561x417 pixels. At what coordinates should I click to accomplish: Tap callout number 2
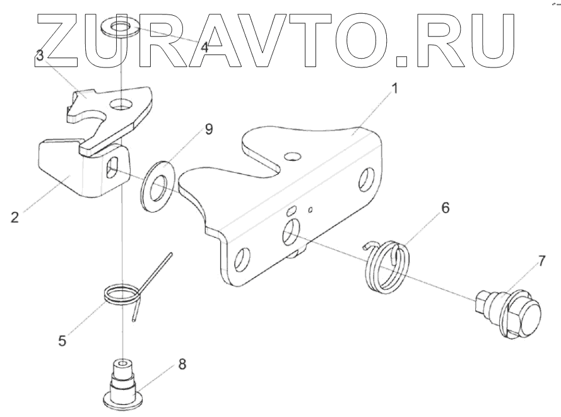pos(15,218)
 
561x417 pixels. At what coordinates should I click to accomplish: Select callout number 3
pos(39,56)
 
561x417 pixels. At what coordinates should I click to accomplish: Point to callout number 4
pos(204,47)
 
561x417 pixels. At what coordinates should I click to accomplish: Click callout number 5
pos(62,341)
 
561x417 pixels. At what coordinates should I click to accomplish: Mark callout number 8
pos(182,364)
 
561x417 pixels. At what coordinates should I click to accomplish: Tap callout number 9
pos(208,129)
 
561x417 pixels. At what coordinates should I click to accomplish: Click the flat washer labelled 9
pos(154,187)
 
